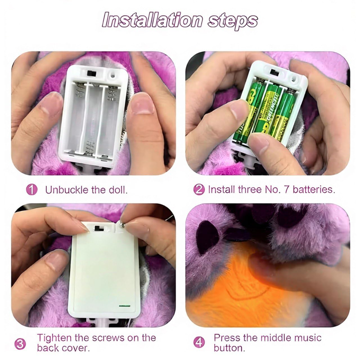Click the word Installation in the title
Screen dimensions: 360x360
(x=152, y=20)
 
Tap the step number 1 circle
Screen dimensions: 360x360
(x=31, y=190)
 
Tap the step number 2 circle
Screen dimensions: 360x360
(x=199, y=190)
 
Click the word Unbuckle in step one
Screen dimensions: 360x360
(x=67, y=190)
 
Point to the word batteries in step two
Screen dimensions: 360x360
(x=314, y=189)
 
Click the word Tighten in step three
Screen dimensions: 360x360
(x=55, y=337)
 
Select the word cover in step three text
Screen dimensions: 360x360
(x=76, y=348)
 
